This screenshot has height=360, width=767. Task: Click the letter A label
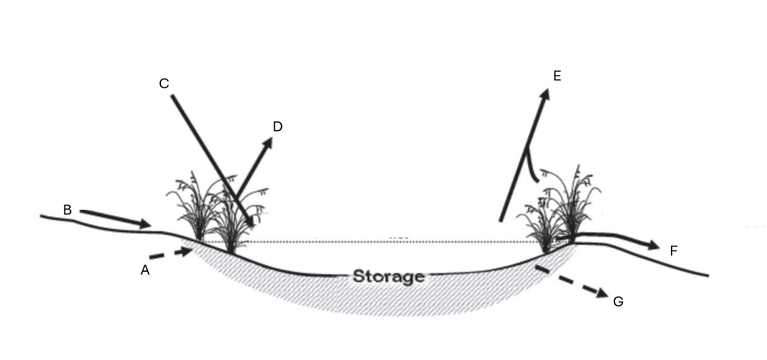tap(145, 269)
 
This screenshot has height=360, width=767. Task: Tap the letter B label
tap(67, 210)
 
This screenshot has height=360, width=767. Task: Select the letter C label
tap(164, 84)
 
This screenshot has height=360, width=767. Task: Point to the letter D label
tap(278, 126)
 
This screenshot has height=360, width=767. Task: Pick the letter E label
tap(557, 76)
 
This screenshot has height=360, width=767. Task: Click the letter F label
tap(674, 250)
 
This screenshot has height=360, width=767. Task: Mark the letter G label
tap(618, 301)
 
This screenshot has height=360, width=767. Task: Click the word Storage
tap(388, 276)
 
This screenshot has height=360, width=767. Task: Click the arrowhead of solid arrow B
tap(145, 224)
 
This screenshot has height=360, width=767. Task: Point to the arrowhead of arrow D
tap(268, 143)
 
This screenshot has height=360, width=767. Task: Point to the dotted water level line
tap(388, 242)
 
